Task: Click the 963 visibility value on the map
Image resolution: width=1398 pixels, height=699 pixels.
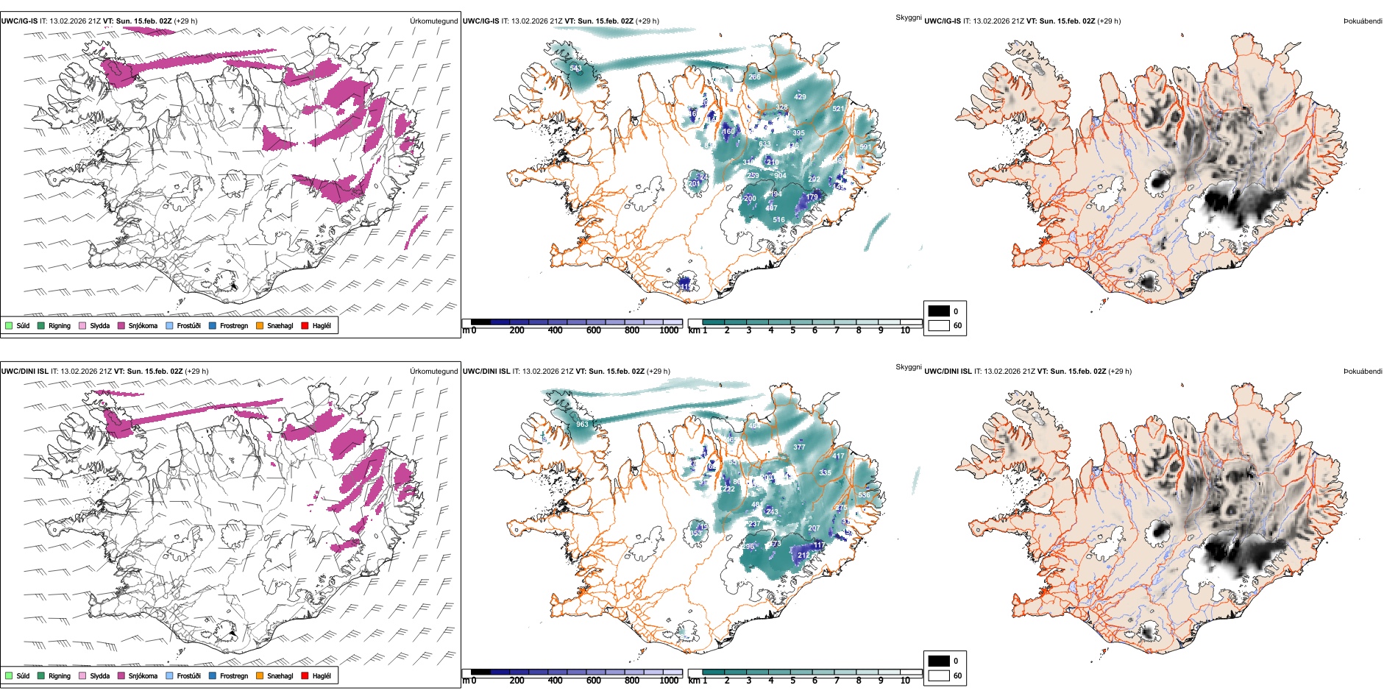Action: (582, 425)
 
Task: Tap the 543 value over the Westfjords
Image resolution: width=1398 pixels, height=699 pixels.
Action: (575, 68)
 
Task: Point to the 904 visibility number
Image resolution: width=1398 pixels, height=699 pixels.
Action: (780, 176)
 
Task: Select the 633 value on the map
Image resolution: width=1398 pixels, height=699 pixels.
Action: (765, 144)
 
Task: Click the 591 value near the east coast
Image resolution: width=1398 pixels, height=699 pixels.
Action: (865, 147)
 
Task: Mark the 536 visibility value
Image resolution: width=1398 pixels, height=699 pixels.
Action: (864, 495)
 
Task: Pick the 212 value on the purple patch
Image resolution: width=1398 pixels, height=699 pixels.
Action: (803, 556)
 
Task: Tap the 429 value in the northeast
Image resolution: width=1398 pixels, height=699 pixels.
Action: (800, 97)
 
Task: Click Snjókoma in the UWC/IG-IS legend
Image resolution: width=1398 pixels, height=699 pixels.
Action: (143, 326)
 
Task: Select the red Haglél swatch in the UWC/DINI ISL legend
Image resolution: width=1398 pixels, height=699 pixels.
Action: (305, 675)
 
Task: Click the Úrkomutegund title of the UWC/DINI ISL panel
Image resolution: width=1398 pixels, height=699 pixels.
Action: (433, 372)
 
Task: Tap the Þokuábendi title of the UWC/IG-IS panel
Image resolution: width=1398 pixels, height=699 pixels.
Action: (1363, 21)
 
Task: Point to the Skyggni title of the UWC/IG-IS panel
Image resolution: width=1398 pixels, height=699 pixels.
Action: (908, 18)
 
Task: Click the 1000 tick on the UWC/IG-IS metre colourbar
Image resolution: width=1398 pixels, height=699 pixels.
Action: (669, 330)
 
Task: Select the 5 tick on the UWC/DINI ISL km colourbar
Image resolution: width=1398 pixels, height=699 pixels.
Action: (792, 681)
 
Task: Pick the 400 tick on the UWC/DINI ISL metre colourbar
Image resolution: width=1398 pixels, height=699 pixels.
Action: (555, 681)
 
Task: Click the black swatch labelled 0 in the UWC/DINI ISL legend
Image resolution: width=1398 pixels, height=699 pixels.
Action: (939, 661)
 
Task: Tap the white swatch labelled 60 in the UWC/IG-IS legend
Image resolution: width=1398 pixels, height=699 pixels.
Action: (939, 325)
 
